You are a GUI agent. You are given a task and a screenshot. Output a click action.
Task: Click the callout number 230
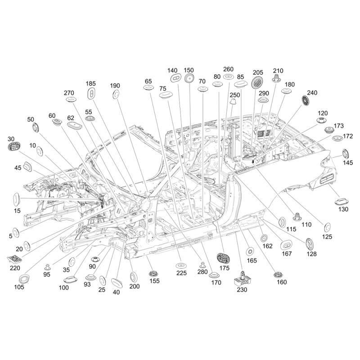(242, 290)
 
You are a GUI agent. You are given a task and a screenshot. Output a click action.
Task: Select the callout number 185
(91, 84)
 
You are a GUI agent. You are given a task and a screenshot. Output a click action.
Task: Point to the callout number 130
(343, 210)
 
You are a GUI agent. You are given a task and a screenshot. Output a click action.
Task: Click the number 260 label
(229, 69)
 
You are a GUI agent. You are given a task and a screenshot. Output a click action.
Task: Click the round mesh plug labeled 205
(258, 82)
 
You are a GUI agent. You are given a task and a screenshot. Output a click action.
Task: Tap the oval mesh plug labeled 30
(14, 147)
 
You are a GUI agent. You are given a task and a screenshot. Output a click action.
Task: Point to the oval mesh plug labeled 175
(224, 258)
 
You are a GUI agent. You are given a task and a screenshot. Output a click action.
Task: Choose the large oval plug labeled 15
(15, 198)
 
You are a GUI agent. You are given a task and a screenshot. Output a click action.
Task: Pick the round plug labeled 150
(189, 79)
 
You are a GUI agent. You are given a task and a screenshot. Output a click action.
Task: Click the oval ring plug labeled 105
(23, 276)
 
